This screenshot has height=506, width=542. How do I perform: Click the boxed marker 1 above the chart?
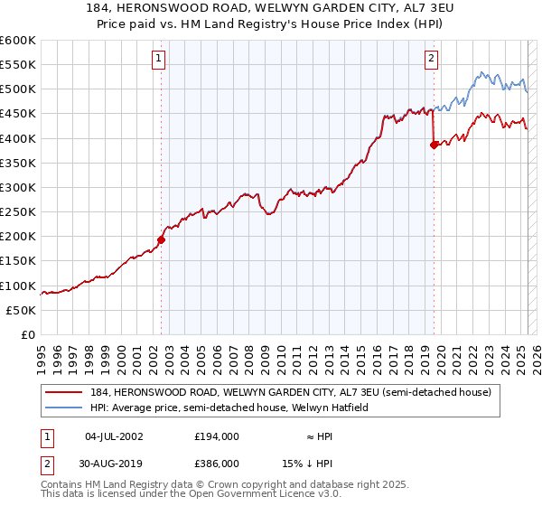[158, 59]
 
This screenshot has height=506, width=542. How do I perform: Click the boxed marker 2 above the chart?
[432, 59]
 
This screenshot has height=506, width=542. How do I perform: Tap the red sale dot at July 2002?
[162, 239]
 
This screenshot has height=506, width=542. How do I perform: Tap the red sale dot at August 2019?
[435, 145]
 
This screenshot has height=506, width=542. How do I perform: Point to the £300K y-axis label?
[18, 187]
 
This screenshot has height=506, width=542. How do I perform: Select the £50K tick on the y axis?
[22, 310]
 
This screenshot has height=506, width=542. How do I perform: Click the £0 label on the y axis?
[28, 334]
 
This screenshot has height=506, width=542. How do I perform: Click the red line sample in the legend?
[65, 392]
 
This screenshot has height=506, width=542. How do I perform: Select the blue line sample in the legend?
[65, 408]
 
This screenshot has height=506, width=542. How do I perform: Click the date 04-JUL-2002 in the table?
[114, 436]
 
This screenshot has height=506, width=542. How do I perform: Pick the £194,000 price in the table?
[217, 436]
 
